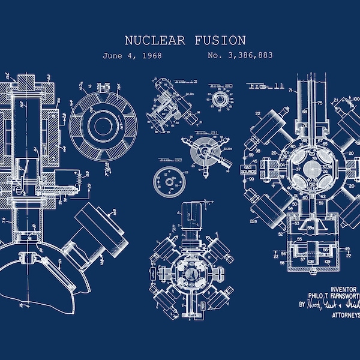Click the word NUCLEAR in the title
(x=154, y=41)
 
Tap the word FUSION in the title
(x=220, y=41)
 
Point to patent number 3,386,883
(x=240, y=56)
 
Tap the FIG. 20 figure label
(x=217, y=86)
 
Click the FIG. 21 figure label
(x=208, y=133)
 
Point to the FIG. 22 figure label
(x=171, y=160)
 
